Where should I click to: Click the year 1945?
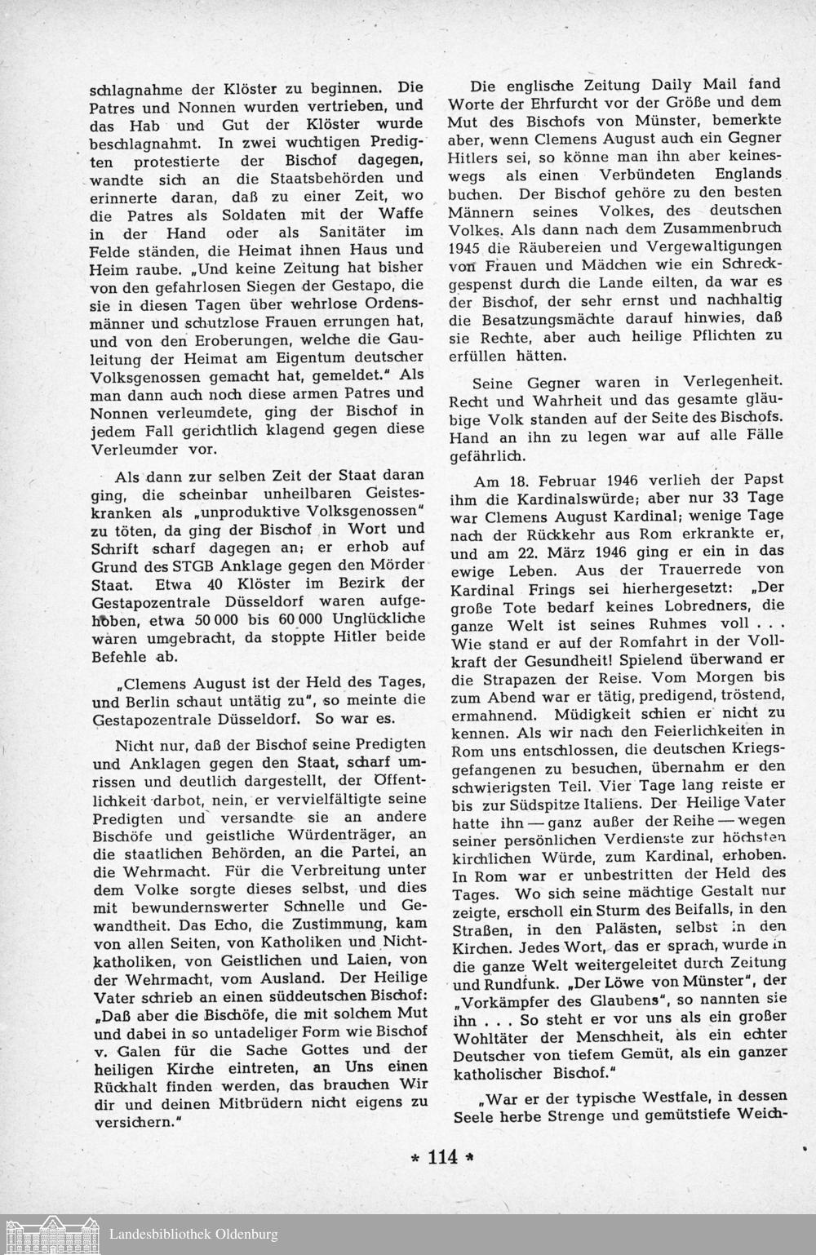coord(468,246)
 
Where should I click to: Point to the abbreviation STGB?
coord(214,565)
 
